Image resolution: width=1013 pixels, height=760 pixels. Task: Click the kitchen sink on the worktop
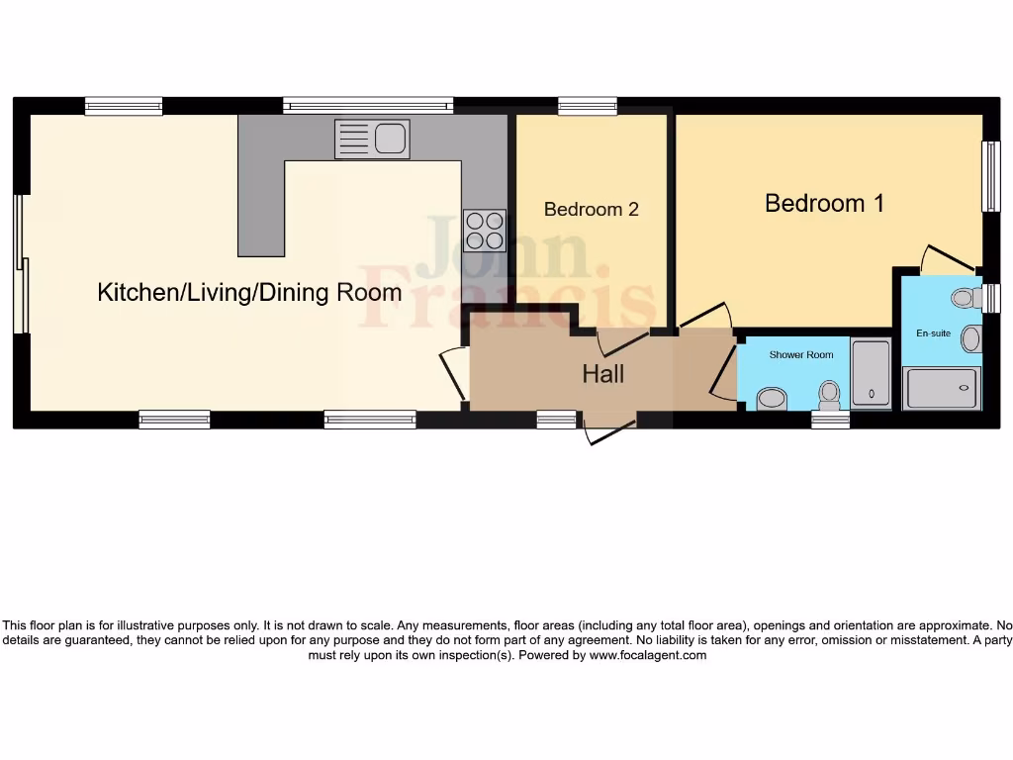pyautogui.click(x=372, y=140)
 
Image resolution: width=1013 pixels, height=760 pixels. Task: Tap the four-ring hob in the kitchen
pyautogui.click(x=484, y=231)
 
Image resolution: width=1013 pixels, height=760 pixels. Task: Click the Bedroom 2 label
pyautogui.click(x=591, y=210)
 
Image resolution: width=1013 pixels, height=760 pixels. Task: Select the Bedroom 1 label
pyautogui.click(x=824, y=203)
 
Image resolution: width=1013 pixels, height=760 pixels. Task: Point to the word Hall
pyautogui.click(x=602, y=374)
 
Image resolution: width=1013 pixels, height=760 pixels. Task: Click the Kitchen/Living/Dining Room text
pyautogui.click(x=249, y=292)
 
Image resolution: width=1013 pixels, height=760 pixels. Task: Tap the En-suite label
pyautogui.click(x=933, y=333)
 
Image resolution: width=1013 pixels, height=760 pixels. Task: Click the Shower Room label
pyautogui.click(x=801, y=354)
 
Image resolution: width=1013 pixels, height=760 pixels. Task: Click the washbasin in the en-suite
pyautogui.click(x=971, y=339)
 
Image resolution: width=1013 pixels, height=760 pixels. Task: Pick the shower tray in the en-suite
pyautogui.click(x=943, y=388)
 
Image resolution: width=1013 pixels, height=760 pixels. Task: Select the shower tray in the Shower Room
pyautogui.click(x=871, y=375)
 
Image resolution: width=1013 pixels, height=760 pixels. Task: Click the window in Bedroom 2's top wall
pyautogui.click(x=587, y=106)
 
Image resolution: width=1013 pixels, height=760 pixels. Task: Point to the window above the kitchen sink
pyautogui.click(x=368, y=106)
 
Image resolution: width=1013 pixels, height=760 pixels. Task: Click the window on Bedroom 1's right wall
pyautogui.click(x=990, y=176)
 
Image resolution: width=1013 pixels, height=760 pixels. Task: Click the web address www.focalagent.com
pyautogui.click(x=648, y=655)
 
